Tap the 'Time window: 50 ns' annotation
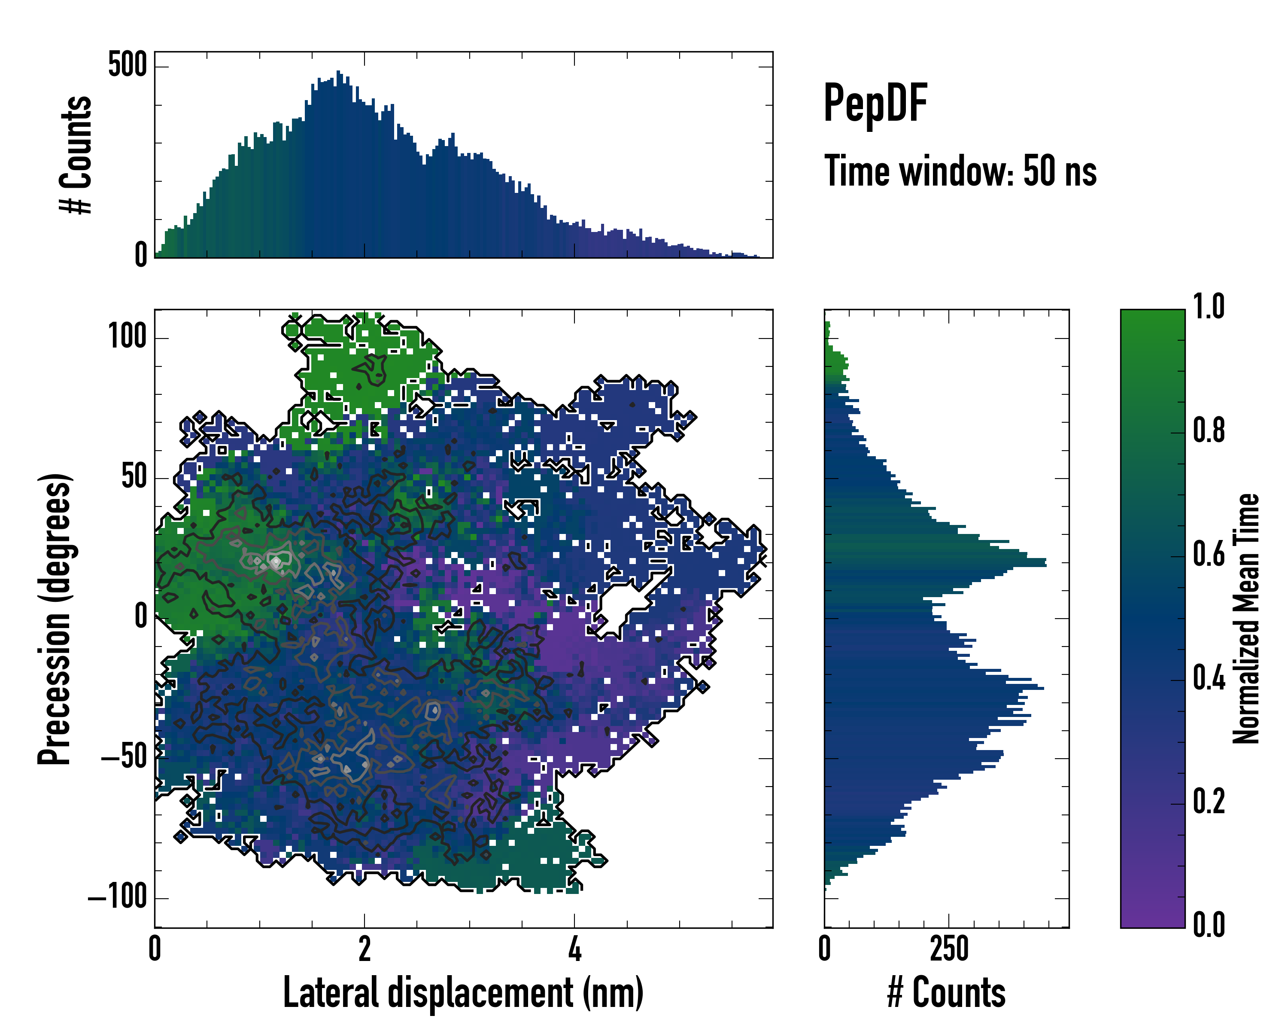(x=960, y=171)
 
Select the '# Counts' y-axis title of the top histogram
(x=76, y=155)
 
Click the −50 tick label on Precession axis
(x=124, y=757)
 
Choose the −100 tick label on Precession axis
(x=117, y=897)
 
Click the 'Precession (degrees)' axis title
(x=55, y=619)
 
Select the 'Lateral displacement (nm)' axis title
(x=463, y=993)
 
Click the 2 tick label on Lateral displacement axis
(x=365, y=949)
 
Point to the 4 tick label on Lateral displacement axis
(x=574, y=949)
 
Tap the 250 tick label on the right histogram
(x=949, y=949)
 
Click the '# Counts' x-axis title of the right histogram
(x=946, y=993)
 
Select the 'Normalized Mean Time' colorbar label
(x=1246, y=619)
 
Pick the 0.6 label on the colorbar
(x=1209, y=554)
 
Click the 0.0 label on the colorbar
(x=1209, y=924)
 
